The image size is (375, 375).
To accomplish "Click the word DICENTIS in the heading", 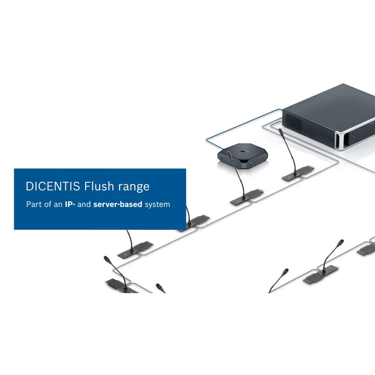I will (x=54, y=186).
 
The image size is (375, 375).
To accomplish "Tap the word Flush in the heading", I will (x=102, y=186).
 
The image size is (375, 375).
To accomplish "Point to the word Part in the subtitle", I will (x=34, y=204).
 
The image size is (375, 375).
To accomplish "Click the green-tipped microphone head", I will (x=285, y=272).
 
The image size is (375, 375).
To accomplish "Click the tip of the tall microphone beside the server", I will (x=281, y=131).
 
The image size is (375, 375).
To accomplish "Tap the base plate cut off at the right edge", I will (x=366, y=249).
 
